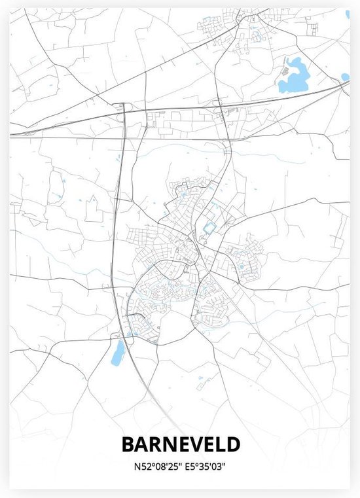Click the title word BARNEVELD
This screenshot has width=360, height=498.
(180, 444)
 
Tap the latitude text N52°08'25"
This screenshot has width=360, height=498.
(153, 467)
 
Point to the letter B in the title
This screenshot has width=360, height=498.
(128, 444)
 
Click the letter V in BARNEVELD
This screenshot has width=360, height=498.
(183, 444)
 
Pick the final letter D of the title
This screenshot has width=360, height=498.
(233, 444)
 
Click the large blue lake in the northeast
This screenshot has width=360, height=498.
(293, 77)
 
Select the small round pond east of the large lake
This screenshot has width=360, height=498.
(345, 77)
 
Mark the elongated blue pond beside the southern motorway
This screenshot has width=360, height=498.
(118, 354)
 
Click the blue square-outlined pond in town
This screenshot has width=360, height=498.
(209, 228)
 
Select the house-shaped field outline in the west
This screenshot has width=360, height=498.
(94, 209)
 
